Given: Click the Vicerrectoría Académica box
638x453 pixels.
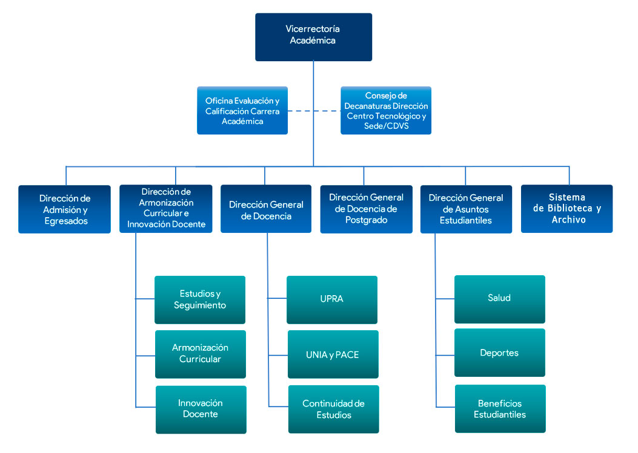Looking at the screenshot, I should [x=313, y=37].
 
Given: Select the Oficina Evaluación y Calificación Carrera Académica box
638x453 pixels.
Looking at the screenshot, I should [x=242, y=110].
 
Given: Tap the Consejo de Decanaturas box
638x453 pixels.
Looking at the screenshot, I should [x=386, y=110].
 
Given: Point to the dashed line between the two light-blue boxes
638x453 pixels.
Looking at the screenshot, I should [x=314, y=111].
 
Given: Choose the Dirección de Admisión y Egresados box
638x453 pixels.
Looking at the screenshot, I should [x=64, y=209].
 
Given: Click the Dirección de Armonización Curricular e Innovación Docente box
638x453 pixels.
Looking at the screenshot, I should [x=166, y=209].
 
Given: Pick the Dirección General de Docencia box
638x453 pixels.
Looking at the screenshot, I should [x=266, y=209].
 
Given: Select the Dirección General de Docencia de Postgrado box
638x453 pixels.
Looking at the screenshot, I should [x=366, y=209].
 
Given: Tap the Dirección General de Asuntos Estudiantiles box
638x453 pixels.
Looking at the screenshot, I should [x=466, y=209].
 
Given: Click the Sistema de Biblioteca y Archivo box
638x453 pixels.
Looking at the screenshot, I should [x=567, y=209].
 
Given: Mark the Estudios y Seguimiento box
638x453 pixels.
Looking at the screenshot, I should [x=200, y=299].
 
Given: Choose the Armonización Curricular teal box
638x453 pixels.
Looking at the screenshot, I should [x=200, y=354].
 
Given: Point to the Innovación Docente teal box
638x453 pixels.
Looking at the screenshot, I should [x=201, y=409].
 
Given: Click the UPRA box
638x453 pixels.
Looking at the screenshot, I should [x=332, y=299].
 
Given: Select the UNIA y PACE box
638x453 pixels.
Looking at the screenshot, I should [x=333, y=354].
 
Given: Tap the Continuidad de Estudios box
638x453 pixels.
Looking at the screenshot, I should [x=333, y=409].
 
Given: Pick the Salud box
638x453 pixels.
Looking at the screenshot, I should [x=499, y=299].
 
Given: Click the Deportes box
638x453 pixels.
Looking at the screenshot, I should [x=499, y=353].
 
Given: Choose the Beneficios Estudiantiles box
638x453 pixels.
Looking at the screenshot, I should [x=500, y=409].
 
